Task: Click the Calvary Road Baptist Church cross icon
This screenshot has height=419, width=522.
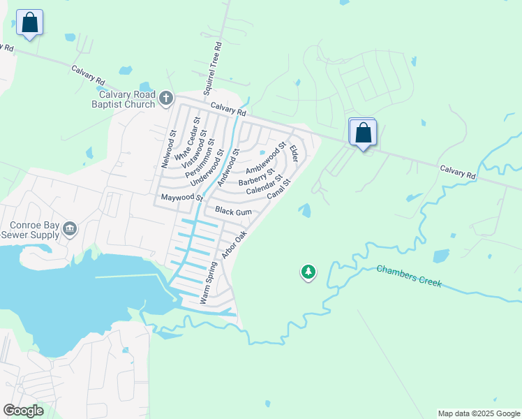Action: pyautogui.click(x=166, y=99)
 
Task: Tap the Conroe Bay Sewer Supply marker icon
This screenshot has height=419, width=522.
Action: pyautogui.click(x=69, y=228)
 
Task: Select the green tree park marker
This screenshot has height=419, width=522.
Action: pyautogui.click(x=308, y=272)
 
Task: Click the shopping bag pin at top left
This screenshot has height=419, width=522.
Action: pyautogui.click(x=29, y=23)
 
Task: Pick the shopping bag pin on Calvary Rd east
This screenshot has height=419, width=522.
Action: pyautogui.click(x=363, y=133)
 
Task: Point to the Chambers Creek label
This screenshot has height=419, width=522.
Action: pyautogui.click(x=409, y=277)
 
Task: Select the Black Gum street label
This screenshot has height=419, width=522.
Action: pyautogui.click(x=233, y=211)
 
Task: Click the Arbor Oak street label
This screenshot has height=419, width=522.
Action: pyautogui.click(x=234, y=247)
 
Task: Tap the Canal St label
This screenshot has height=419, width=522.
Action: pyautogui.click(x=278, y=186)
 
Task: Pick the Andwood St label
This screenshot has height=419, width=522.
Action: pyautogui.click(x=228, y=168)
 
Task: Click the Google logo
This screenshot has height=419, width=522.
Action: pyautogui.click(x=23, y=411)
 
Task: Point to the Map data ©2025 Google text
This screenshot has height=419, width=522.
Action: pyautogui.click(x=479, y=413)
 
